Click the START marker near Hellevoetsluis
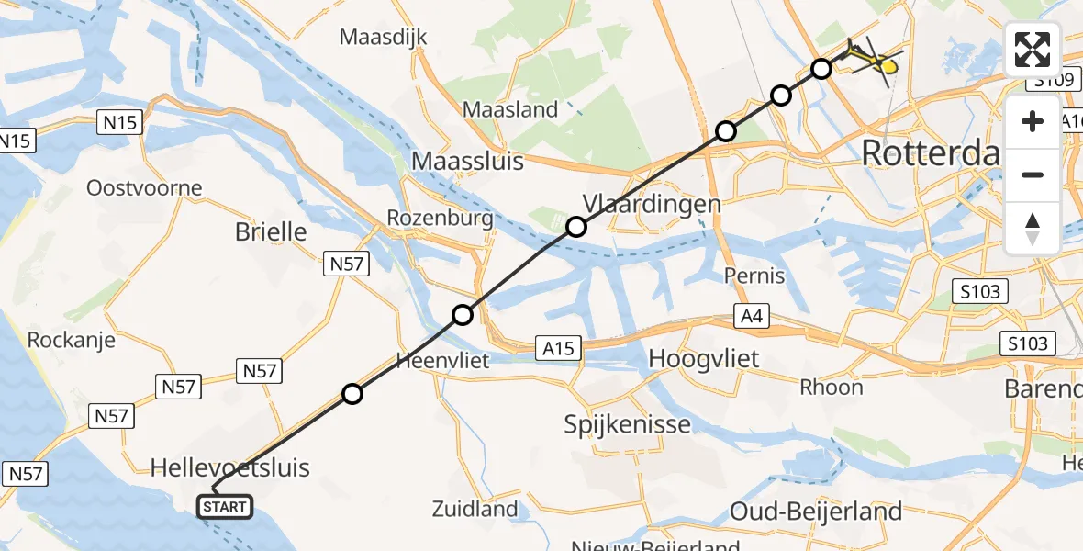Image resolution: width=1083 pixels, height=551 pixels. pos(225,506)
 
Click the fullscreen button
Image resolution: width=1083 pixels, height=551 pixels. pos(1033,50)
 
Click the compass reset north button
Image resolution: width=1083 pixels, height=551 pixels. pos(1033,229)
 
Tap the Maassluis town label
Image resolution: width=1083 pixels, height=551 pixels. pos(468,162)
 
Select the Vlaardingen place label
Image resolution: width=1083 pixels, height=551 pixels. pos(652,204)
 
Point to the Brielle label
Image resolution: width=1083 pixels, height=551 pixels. pos(271,231)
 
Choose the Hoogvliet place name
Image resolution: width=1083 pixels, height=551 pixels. pos(704,358)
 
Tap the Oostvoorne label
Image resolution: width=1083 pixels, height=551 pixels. pos(144,188)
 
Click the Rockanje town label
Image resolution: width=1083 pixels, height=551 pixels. pos(72,340)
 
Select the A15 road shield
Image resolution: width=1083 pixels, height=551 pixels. pos(558,348)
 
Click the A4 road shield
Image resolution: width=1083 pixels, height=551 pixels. pos(750,317)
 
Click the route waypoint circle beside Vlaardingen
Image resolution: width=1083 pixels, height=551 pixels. pos(575,227)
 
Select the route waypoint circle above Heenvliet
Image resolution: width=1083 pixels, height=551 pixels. pos(463,315)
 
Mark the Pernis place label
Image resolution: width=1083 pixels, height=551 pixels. pos(754,275)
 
